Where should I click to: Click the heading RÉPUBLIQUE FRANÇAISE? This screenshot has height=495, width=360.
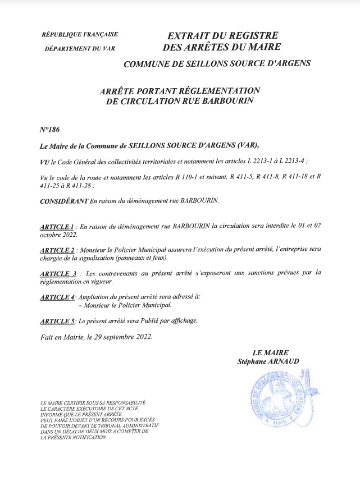[80, 35]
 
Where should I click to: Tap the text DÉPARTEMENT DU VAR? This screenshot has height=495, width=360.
[80, 49]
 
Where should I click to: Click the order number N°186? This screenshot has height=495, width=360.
[50, 129]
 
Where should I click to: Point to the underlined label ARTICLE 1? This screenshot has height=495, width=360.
[58, 227]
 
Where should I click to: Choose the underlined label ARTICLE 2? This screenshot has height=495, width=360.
[58, 249]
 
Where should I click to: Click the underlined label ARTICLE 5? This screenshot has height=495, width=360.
[58, 321]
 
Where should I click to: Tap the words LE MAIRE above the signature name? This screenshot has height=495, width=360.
[266, 353]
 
